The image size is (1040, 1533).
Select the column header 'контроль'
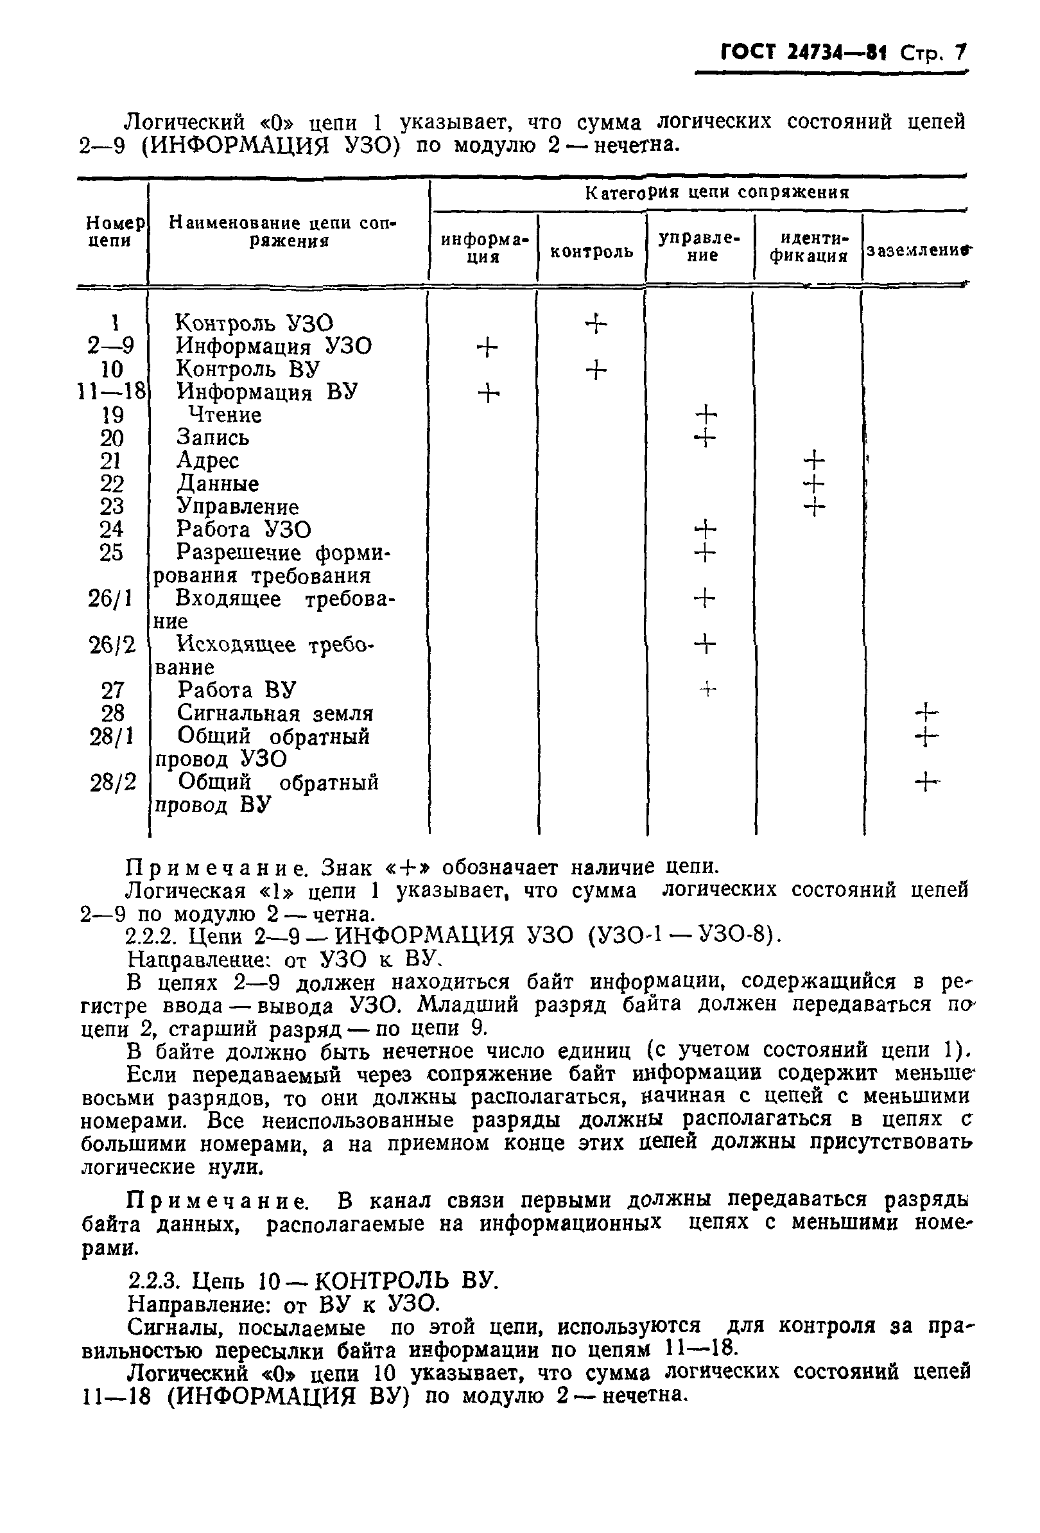[x=591, y=251]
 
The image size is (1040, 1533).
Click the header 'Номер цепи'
[x=112, y=232]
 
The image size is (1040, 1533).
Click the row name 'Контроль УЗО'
[x=255, y=323]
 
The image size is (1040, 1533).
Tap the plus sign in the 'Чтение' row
[x=706, y=415]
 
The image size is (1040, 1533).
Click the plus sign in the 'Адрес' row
[x=815, y=460]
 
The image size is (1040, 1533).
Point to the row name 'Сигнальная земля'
[x=275, y=713]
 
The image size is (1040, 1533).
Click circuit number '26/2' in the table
[x=112, y=645]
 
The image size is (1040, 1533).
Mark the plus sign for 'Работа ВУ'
[x=707, y=690]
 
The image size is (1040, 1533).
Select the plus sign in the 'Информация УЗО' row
[x=487, y=347]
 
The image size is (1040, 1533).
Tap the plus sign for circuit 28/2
[x=926, y=783]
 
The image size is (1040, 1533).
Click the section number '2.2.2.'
[x=153, y=936]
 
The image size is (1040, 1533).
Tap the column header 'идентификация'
[x=809, y=247]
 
